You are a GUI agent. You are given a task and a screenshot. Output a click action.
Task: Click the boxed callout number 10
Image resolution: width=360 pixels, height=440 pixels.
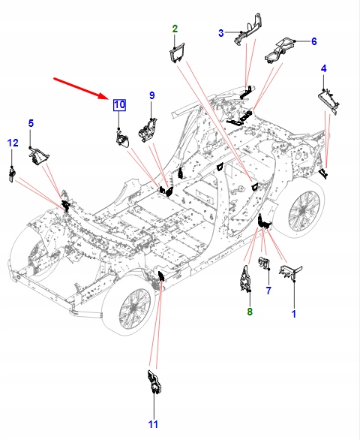coord(119,105)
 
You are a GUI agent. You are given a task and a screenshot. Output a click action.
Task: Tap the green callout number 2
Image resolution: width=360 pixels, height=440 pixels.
coord(175,29)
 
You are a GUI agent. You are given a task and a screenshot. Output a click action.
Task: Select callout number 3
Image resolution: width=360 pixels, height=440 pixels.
coord(221,33)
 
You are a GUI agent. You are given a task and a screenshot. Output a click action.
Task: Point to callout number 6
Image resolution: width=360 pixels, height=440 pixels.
coord(314,41)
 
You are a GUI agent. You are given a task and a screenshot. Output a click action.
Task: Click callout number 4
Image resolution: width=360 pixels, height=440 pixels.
coord(324,68)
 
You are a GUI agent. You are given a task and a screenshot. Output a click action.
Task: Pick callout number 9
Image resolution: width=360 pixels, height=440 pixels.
coord(151,95)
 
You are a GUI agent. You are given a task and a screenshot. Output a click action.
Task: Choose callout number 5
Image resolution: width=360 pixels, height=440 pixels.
coord(31,123)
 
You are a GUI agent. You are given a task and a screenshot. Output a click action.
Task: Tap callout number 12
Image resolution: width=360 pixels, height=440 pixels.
coord(13,143)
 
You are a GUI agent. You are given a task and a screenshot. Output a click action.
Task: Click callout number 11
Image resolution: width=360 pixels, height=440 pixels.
coord(153,424)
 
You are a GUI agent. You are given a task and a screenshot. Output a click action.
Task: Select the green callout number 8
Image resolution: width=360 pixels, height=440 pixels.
coord(250,311)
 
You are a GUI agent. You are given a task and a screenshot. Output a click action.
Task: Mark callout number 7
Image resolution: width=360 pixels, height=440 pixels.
coord(268,291)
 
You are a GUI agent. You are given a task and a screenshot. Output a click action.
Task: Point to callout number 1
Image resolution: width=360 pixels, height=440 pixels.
coord(294,314)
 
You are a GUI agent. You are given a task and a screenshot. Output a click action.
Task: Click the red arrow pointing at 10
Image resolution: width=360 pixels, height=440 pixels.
coord(82,88)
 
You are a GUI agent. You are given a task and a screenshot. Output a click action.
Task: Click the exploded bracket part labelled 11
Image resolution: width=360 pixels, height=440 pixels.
coord(154,382)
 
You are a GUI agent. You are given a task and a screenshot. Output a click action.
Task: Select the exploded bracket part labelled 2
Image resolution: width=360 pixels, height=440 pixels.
coord(177,53)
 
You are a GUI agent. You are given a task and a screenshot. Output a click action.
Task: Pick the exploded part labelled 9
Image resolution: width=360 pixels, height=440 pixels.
coord(148,129)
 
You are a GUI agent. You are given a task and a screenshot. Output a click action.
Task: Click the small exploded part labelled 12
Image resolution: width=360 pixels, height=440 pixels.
coord(12,174)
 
